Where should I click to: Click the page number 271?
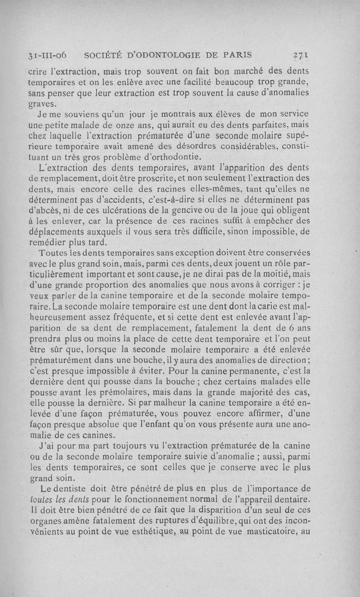[299, 55]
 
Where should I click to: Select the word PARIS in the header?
[235, 55]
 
